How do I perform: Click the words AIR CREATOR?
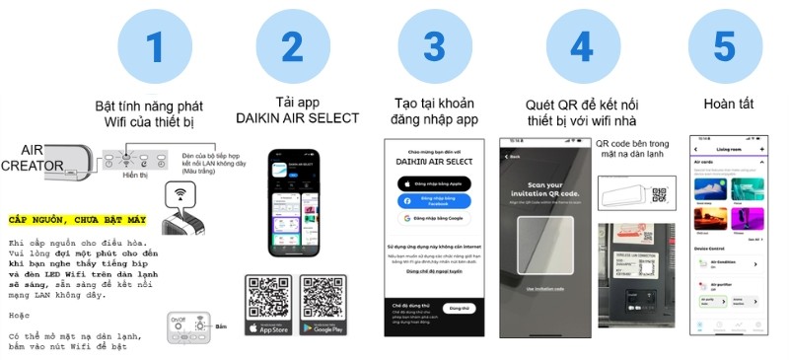32,159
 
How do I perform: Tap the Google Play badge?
326,326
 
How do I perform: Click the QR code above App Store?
268,296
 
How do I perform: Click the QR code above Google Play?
326,296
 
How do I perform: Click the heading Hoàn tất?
731,105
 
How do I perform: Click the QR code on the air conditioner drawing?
659,195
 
